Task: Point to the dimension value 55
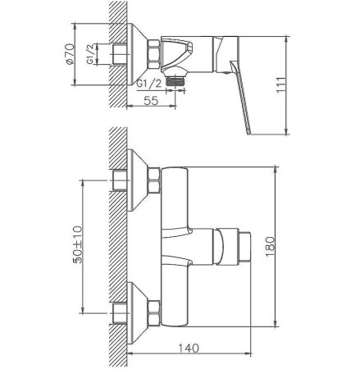[x=149, y=101]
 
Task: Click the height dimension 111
[x=303, y=81]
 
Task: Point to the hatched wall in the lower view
[x=118, y=246]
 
